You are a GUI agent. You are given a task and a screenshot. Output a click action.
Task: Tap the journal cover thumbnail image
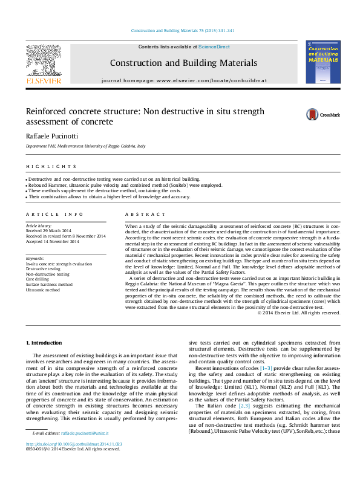point(327,62)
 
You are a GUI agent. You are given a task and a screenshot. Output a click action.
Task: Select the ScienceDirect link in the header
point(215,47)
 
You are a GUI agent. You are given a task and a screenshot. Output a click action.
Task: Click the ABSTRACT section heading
point(145,215)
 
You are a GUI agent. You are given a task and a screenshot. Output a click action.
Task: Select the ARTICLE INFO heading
point(54,215)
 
